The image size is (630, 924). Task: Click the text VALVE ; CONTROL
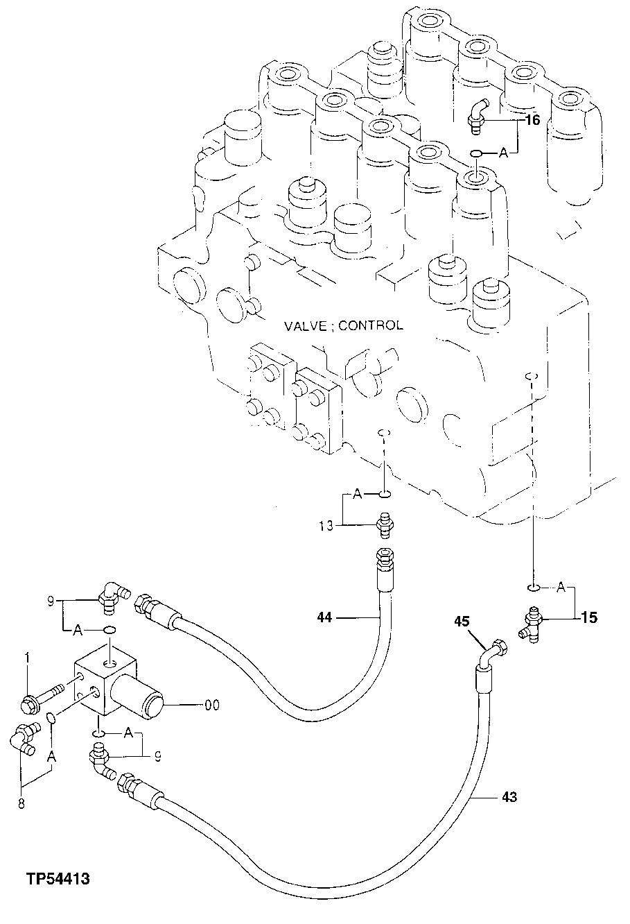[342, 325]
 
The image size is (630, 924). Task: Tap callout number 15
[588, 617]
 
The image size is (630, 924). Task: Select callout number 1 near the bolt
[27, 656]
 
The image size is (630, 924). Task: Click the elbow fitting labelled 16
[477, 114]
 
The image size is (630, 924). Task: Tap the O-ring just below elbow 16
[476, 153]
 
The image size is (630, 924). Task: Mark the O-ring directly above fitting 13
[385, 495]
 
